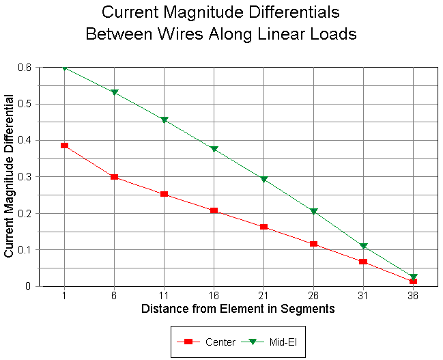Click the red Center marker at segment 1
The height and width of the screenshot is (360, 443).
64,146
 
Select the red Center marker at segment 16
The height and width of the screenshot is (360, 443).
214,210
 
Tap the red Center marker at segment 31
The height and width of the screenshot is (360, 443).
363,262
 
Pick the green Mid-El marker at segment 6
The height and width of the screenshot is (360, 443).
114,92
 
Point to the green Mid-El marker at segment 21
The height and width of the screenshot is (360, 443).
263,180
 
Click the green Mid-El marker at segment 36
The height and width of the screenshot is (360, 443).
413,277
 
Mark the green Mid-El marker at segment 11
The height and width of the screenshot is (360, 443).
164,120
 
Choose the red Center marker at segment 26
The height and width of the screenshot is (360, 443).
313,244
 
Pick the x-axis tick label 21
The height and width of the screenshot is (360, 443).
263,296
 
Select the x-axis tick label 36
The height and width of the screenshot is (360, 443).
413,296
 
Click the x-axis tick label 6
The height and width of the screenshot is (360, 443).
114,296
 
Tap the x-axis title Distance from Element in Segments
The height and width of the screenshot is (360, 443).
238,309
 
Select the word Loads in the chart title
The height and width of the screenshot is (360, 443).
334,33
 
